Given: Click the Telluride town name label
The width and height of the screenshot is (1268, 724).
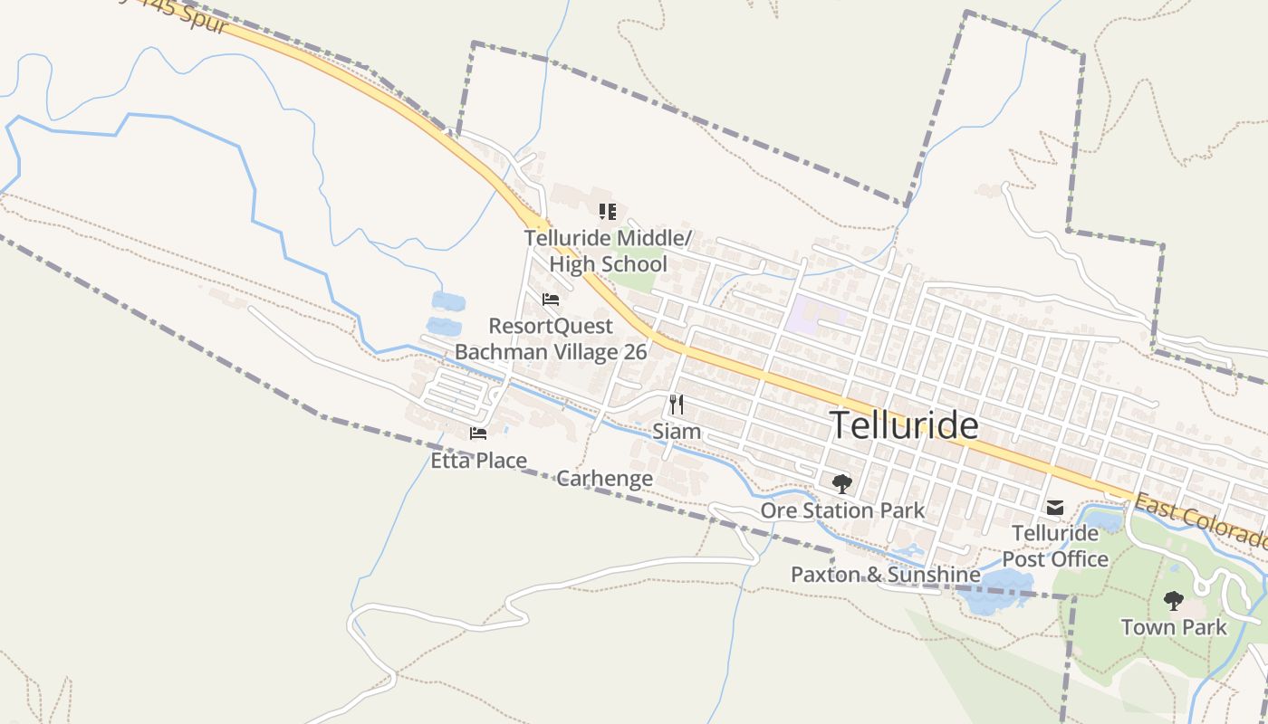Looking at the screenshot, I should (x=904, y=424).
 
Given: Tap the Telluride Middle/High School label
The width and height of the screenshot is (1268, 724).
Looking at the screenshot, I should (x=608, y=251).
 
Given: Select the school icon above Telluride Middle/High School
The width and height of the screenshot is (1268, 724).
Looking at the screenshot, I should (x=608, y=212).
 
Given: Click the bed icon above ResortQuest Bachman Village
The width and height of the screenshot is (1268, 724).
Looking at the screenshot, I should (x=551, y=300).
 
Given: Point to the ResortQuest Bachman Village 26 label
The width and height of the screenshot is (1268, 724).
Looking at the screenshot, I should (x=551, y=338).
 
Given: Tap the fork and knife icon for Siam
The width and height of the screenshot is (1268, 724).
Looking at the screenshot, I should (x=677, y=404).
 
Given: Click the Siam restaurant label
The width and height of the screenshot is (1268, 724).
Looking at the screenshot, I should (x=677, y=431).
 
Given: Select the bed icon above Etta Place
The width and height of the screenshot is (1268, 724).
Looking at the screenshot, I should (x=478, y=433).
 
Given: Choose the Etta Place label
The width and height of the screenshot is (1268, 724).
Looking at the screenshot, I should (x=478, y=461).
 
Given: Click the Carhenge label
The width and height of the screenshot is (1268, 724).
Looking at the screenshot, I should (x=604, y=479).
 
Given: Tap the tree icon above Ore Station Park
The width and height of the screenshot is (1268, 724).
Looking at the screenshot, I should (x=842, y=483).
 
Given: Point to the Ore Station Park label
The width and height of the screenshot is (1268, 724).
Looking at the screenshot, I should (x=842, y=510).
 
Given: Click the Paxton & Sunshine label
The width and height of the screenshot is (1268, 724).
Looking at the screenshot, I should (x=885, y=575).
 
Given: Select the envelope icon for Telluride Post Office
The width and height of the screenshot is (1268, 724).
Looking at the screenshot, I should (x=1055, y=507).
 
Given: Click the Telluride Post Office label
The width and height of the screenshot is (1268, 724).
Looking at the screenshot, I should (x=1055, y=546).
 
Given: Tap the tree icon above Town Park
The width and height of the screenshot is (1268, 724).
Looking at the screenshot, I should (x=1174, y=600).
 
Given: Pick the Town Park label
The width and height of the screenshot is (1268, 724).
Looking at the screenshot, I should (x=1174, y=627).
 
